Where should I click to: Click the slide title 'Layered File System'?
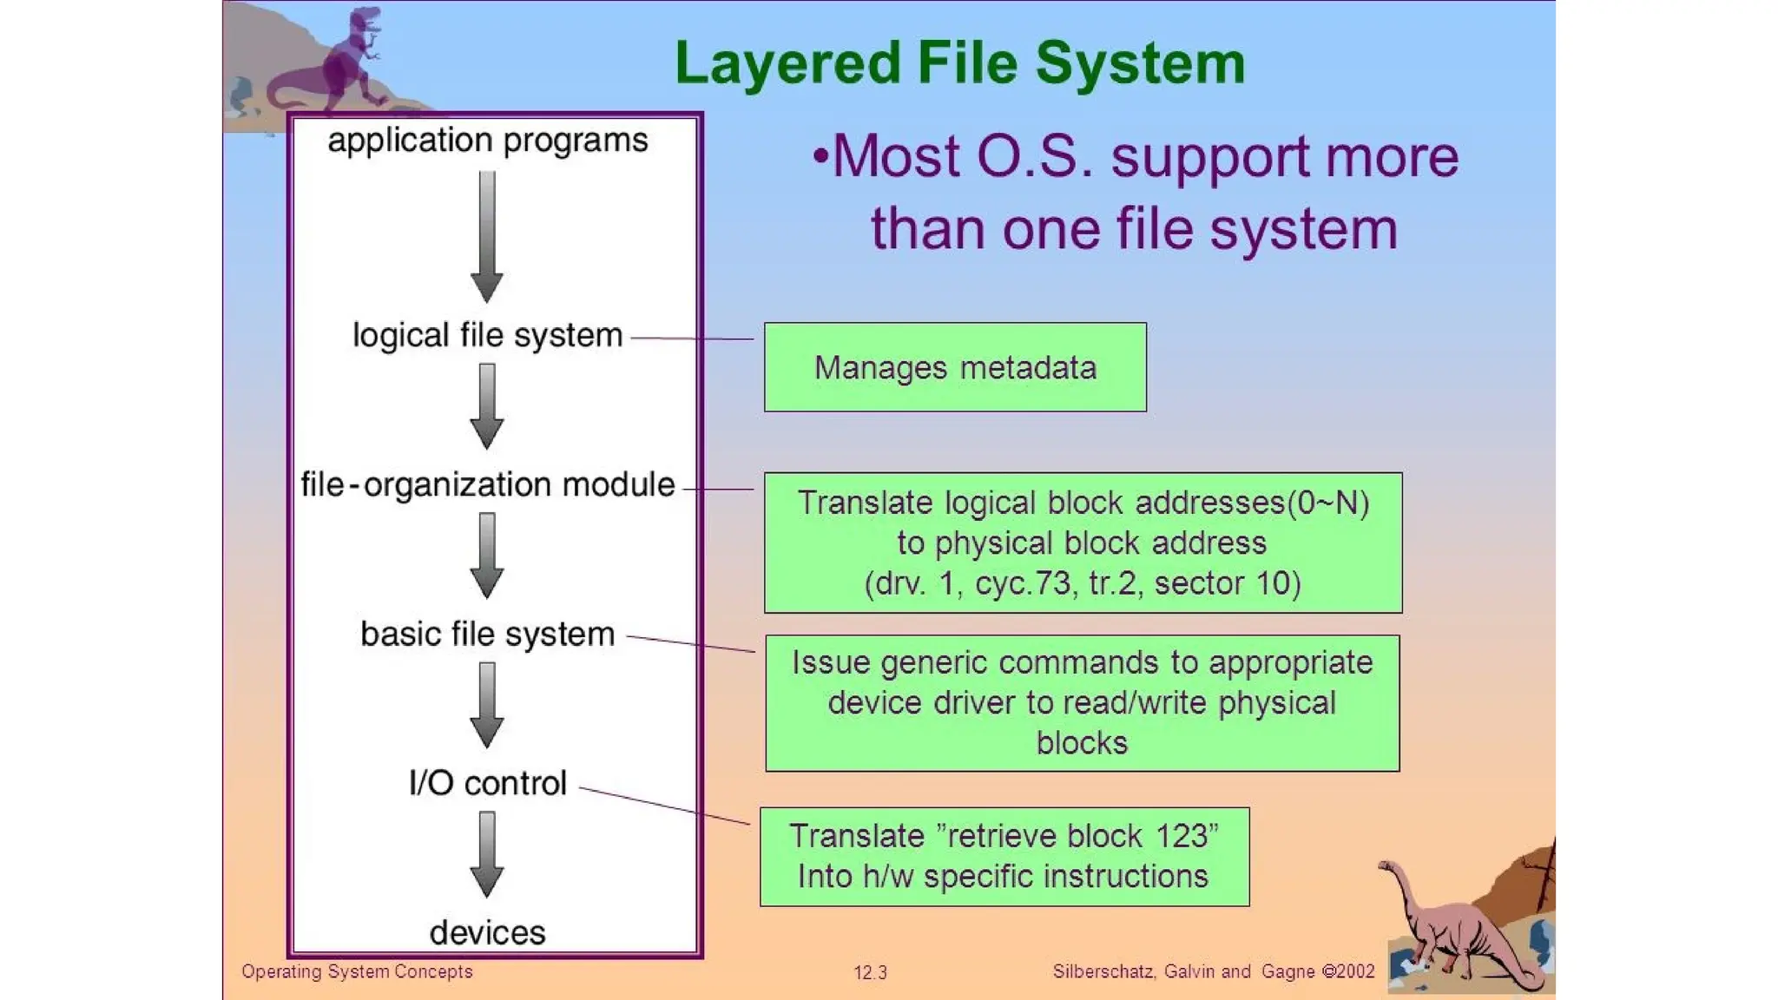pyautogui.click(x=959, y=63)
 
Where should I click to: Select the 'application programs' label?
pyautogui.click(x=487, y=141)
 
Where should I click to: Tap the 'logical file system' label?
pyautogui.click(x=487, y=335)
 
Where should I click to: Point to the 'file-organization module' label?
pyautogui.click(x=487, y=484)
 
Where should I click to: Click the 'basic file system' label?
pyautogui.click(x=487, y=634)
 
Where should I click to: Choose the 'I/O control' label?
pyautogui.click(x=487, y=783)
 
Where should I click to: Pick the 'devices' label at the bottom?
pyautogui.click(x=487, y=932)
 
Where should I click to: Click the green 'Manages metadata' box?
pyautogui.click(x=955, y=367)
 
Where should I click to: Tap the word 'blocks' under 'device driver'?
pyautogui.click(x=1082, y=743)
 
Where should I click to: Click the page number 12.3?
pyautogui.click(x=870, y=972)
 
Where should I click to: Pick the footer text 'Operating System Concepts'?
pyautogui.click(x=357, y=971)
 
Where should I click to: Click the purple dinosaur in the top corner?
pyautogui.click(x=334, y=65)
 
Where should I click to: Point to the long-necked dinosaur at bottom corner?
pyautogui.click(x=1459, y=929)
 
